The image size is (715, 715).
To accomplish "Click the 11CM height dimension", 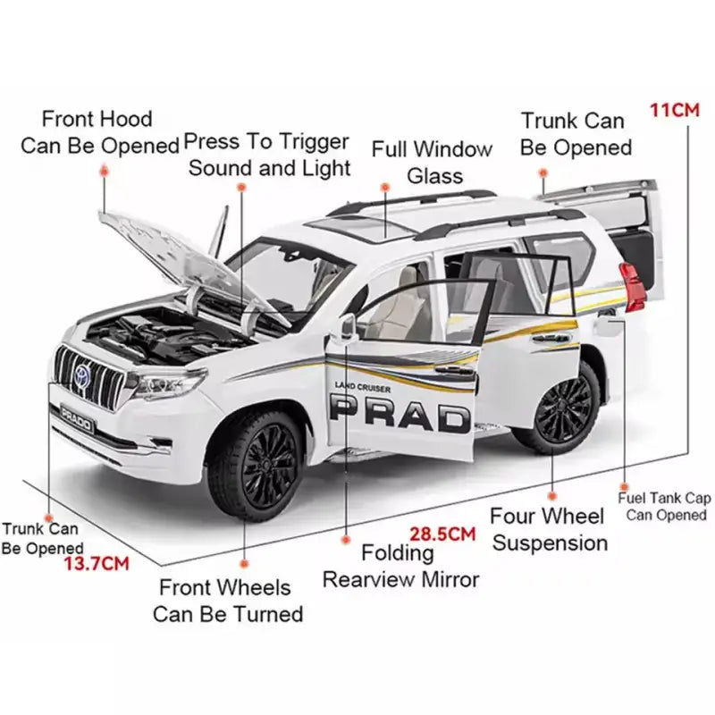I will tap(673, 111).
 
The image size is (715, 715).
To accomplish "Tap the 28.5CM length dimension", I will tap(442, 534).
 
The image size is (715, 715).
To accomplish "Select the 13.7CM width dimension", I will tap(97, 563).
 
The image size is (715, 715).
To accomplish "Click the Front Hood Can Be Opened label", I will tap(98, 131).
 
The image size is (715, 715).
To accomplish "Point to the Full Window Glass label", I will tap(432, 162).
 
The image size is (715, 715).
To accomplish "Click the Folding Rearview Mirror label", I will tap(400, 566).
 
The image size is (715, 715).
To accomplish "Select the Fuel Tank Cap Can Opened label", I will tap(665, 507).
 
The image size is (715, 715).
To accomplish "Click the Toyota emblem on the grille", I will tap(82, 375).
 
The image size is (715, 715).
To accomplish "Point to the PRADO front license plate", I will tap(76, 417).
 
